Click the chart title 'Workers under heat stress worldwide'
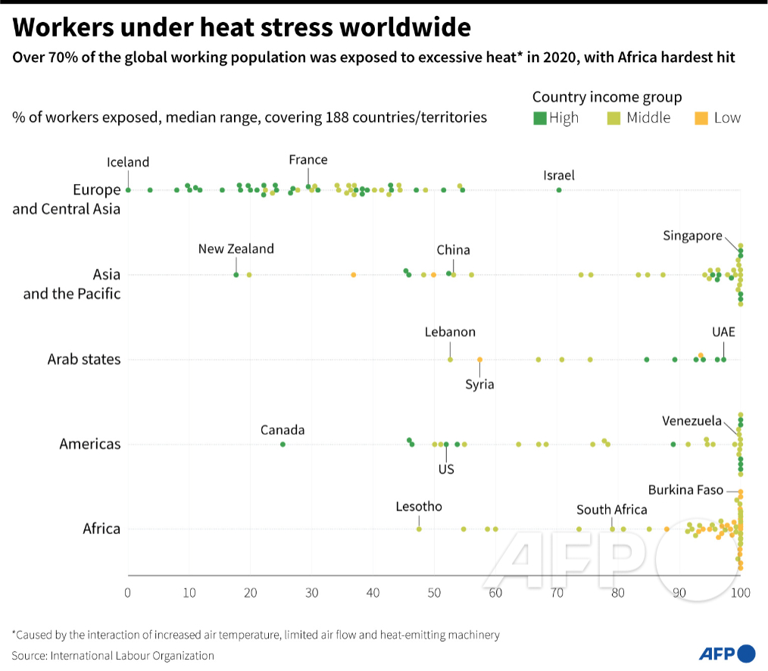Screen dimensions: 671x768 tap(242, 28)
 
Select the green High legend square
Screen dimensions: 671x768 tap(539, 118)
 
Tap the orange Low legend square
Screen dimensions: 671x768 tap(701, 118)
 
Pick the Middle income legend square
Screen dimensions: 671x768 tap(614, 118)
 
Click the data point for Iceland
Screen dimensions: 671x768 tap(128, 190)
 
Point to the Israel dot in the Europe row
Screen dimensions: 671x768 tap(559, 190)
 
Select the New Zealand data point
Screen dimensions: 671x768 tap(236, 275)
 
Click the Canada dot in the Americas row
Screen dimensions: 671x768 tap(283, 445)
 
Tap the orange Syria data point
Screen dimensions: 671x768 tap(479, 360)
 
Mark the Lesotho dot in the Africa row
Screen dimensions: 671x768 tap(419, 529)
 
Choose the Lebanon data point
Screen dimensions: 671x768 tap(450, 360)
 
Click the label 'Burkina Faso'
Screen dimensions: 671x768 tap(685, 490)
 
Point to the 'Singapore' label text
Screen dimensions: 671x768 tap(692, 236)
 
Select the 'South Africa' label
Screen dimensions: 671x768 tap(611, 510)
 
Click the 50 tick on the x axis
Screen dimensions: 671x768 tap(434, 592)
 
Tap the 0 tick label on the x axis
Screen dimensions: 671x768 tap(128, 592)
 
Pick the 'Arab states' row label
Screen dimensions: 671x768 tap(83, 360)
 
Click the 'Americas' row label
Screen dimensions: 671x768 tap(89, 445)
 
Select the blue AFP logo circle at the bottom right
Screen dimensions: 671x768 tap(746, 654)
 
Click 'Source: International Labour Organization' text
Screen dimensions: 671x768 tap(113, 656)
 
